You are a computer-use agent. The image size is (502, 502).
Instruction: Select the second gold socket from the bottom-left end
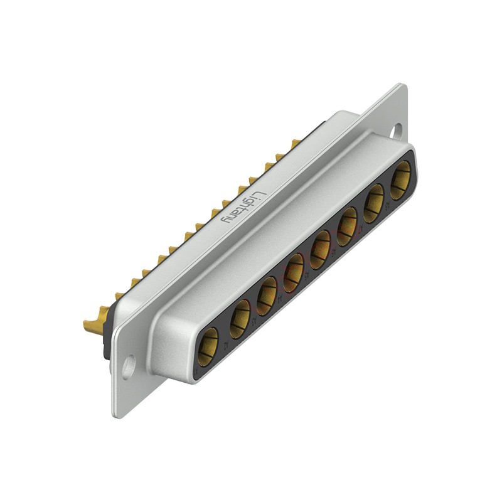(x=240, y=319)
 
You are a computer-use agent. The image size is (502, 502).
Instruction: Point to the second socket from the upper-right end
(x=375, y=202)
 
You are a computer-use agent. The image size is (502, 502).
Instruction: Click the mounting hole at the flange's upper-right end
(x=397, y=131)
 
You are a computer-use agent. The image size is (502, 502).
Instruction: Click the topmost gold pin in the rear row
(x=294, y=144)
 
